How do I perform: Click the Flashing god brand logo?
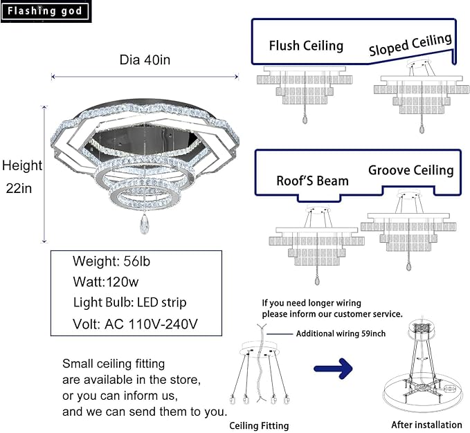click(x=45, y=11)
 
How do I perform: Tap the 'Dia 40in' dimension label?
click(x=145, y=60)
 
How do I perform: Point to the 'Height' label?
click(x=21, y=165)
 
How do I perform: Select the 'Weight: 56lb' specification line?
click(x=111, y=261)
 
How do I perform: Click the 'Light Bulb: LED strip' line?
click(x=129, y=302)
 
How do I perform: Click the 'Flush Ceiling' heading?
click(x=306, y=46)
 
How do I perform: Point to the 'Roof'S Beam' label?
click(x=312, y=181)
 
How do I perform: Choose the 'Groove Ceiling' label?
click(x=410, y=169)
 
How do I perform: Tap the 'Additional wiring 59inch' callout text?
click(x=341, y=333)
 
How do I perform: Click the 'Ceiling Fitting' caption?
click(x=259, y=425)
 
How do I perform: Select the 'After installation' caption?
click(x=426, y=425)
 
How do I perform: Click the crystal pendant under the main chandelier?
click(x=145, y=223)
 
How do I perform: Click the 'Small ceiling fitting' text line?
click(x=114, y=363)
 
